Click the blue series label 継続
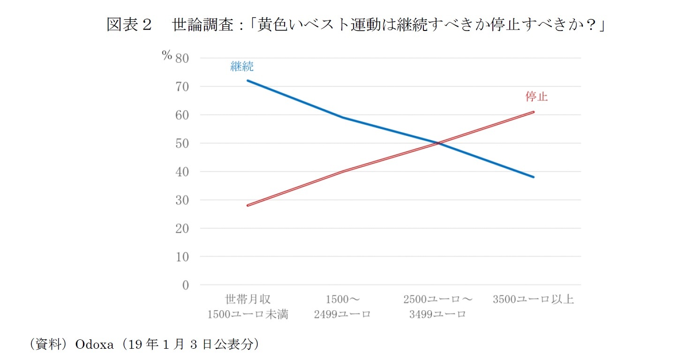coord(242,67)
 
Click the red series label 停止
coord(536,97)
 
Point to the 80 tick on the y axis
coord(182,58)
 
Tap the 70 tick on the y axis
coord(182,87)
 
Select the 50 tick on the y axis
coord(182,143)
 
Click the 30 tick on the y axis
coord(182,200)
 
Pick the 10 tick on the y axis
coord(182,257)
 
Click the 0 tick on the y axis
coord(185,285)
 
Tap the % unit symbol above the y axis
coord(167,56)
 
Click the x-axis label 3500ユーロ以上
coord(533,299)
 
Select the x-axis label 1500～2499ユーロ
coord(343,307)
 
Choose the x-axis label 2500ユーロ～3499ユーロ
coord(438,307)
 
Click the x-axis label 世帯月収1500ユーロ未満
coord(248,307)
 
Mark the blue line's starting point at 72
coord(248,80)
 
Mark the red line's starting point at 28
coord(248,205)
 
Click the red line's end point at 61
coord(534,112)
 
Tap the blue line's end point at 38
coord(534,177)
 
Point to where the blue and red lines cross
coord(438,143)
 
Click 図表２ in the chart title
coord(129,25)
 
